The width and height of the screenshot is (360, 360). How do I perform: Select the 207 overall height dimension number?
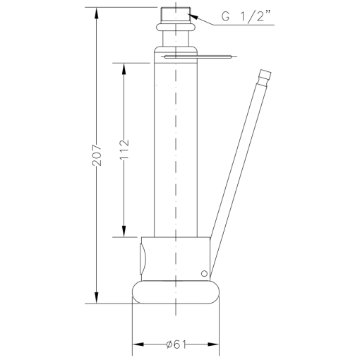click(x=97, y=155)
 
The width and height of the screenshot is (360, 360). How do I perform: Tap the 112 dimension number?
click(x=124, y=149)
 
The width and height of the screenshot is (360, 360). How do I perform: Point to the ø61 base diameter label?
click(x=174, y=344)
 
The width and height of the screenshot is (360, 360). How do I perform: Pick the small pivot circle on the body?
click(x=204, y=273)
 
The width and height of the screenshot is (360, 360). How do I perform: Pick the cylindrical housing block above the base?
click(x=176, y=258)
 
